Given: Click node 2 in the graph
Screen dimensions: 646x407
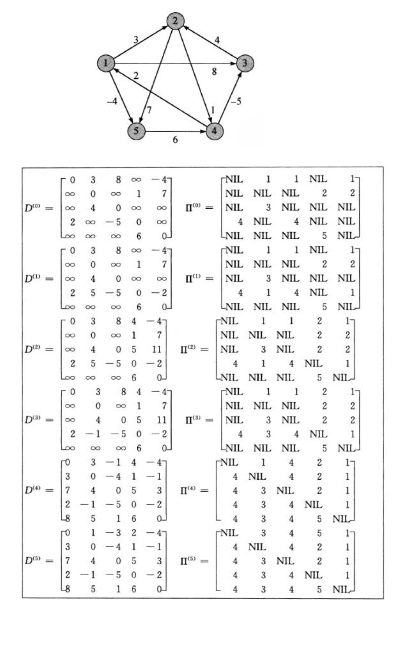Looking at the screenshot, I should click(175, 21).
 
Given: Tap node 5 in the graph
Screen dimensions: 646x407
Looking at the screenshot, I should click(136, 131).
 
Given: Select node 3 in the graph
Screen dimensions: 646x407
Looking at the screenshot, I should click(245, 63).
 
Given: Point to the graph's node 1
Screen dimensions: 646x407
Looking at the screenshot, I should click(106, 63).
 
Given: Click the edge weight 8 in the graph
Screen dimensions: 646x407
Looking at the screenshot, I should click(214, 71).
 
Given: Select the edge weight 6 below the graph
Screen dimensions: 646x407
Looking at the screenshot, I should click(175, 140).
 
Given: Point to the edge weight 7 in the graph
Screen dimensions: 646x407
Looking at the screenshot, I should click(149, 111).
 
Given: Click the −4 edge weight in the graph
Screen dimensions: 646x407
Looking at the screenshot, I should click(112, 101).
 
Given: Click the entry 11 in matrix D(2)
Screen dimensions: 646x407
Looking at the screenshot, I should click(157, 350).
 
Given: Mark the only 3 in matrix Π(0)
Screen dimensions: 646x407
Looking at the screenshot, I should click(268, 207).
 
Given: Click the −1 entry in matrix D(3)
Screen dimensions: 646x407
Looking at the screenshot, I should click(93, 434).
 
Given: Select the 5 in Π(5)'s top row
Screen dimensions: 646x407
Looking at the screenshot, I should click(319, 533).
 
